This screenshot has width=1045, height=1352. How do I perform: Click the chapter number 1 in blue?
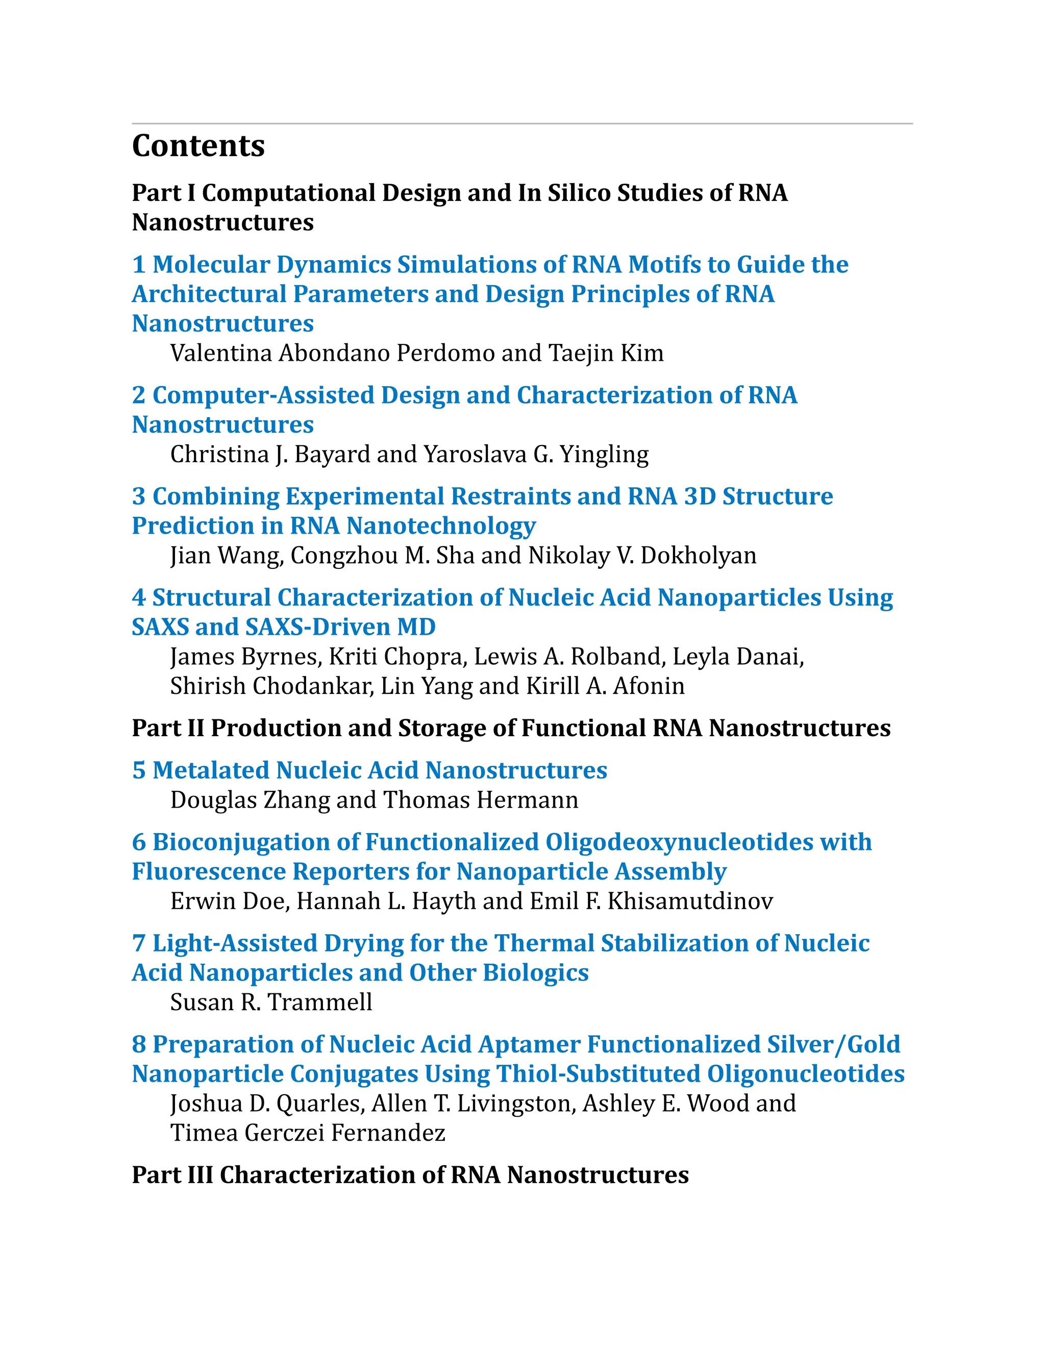tap(139, 265)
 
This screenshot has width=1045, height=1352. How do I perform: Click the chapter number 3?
tap(139, 496)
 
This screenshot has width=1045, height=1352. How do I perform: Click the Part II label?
tap(168, 729)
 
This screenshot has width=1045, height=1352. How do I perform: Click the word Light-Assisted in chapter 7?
tap(235, 944)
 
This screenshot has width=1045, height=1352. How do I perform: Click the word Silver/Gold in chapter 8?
tap(833, 1045)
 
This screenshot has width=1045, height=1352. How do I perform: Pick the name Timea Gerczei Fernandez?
tap(308, 1134)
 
